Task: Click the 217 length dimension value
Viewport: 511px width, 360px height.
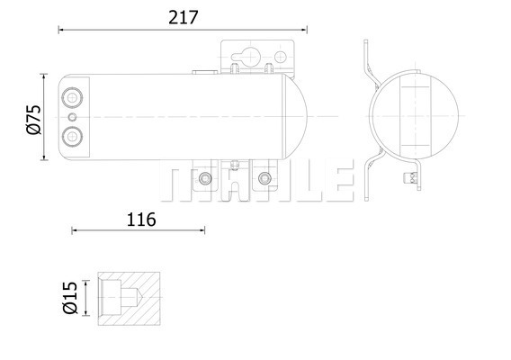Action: pyautogui.click(x=184, y=18)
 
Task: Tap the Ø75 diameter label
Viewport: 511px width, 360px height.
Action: pyautogui.click(x=34, y=120)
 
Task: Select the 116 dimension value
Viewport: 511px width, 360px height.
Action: pyautogui.click(x=141, y=220)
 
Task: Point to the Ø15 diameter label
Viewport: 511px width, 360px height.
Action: pyautogui.click(x=70, y=297)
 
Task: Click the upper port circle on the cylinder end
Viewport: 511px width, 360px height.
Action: pyautogui.click(x=72, y=97)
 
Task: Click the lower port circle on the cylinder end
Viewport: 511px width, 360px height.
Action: pyautogui.click(x=72, y=136)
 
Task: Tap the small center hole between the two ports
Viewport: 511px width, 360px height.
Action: pyautogui.click(x=72, y=117)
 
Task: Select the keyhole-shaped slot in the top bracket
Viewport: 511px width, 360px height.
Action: pyautogui.click(x=246, y=57)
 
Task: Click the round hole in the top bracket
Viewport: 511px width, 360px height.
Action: pyautogui.click(x=281, y=57)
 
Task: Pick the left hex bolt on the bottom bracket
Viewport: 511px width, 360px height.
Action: pyautogui.click(x=205, y=178)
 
